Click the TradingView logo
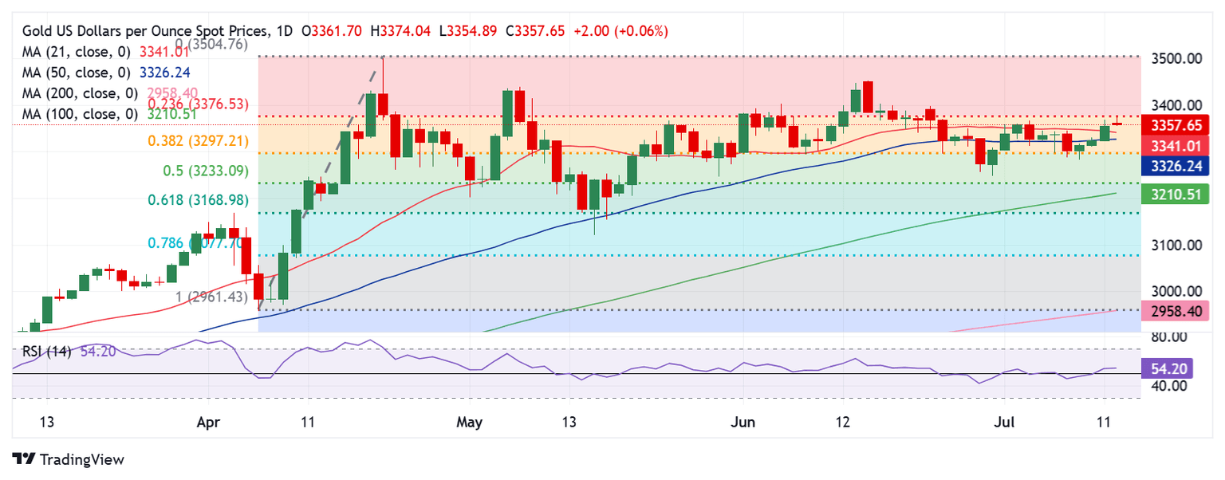[x=69, y=459]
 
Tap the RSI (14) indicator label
[x=43, y=351]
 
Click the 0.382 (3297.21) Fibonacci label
[x=198, y=141]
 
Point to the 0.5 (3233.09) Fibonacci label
[x=195, y=171]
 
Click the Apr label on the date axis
[x=207, y=421]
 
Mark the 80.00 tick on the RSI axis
[x=1171, y=336]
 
